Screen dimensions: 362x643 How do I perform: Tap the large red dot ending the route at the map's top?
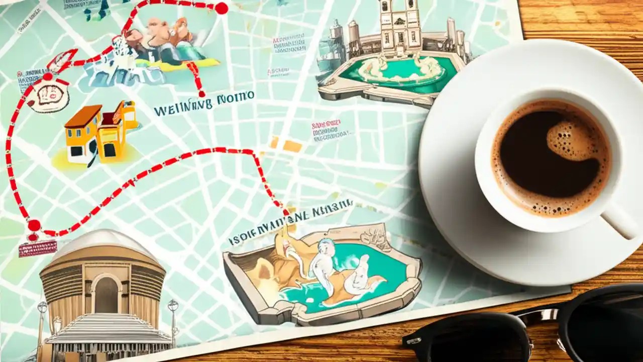tap(221, 8)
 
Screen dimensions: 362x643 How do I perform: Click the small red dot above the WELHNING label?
tap(201, 94)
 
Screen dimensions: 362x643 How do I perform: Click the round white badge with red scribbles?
tap(48, 95)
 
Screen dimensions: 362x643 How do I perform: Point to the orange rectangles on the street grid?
tap(286, 145)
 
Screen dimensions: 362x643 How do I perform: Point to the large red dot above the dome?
tap(34, 225)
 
